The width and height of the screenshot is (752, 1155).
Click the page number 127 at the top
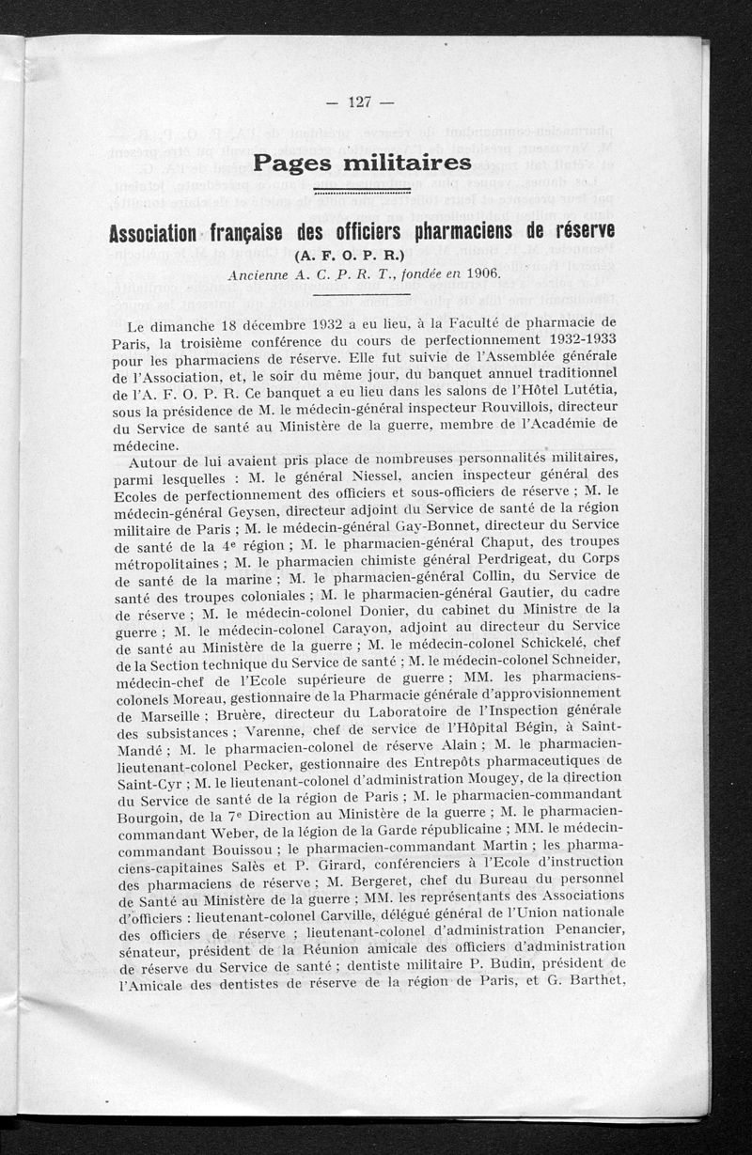360,103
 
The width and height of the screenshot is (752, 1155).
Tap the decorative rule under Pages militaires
361,191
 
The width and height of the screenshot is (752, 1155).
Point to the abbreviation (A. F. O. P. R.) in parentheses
361,255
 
